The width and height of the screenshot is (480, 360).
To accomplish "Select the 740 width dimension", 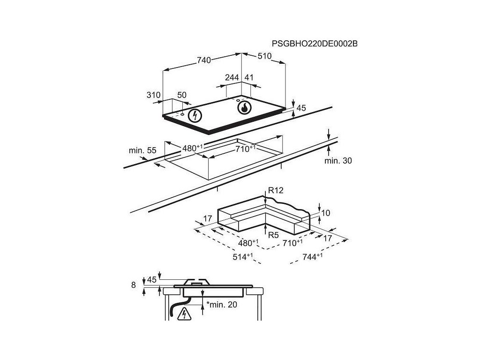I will coord(204,60).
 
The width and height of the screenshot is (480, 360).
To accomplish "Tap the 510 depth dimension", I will coord(265,56).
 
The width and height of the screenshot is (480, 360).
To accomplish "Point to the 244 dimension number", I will coord(232,77).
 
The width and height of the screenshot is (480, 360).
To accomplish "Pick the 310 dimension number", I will coord(153,95).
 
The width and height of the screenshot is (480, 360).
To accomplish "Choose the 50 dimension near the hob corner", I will coord(182,95).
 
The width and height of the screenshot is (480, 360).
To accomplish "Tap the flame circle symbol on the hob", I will coord(244,108).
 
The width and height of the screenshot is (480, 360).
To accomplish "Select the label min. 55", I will coord(142,150).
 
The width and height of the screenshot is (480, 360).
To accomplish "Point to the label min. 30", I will coord(338,161).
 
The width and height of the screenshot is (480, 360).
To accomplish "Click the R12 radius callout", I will coord(276,190).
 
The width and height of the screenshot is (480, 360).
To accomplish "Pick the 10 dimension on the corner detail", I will coord(326,213).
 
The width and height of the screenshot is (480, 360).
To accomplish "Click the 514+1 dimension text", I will coord(243,257).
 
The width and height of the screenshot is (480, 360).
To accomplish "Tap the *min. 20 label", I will coord(222,305).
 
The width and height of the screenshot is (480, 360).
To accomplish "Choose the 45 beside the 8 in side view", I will coord(151,279).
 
